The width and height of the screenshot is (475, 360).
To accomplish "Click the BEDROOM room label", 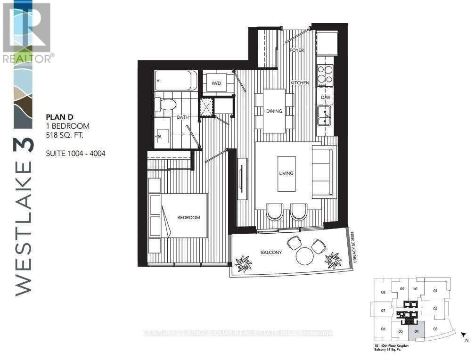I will pos(188,217).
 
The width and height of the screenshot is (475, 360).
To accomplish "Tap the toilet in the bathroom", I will pos(166,104).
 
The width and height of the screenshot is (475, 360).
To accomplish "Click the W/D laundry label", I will pos(216,83).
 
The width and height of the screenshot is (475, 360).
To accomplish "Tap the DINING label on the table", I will pos(274,111).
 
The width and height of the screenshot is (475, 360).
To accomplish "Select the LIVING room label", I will pos(286,173).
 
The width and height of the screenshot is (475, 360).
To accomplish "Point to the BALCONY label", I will pos(271,253).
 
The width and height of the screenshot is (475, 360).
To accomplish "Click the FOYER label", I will pos(297,50).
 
